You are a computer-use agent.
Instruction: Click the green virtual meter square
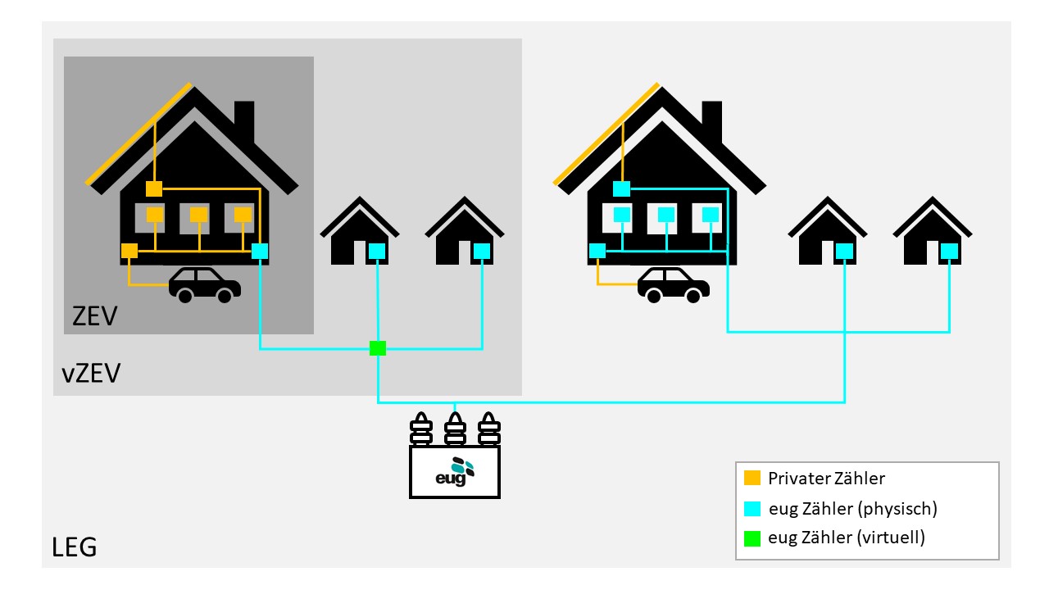point(378,348)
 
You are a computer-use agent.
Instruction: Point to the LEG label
point(74,547)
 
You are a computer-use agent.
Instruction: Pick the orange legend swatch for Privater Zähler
point(752,478)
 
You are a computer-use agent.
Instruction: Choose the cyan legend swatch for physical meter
point(752,508)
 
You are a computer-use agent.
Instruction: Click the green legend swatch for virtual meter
point(752,538)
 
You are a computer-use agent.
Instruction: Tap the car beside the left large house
point(205,284)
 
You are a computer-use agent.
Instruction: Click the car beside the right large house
point(674,284)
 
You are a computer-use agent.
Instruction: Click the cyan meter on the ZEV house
point(260,252)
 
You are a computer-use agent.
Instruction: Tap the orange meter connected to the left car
point(129,252)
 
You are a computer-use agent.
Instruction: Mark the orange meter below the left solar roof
point(154,189)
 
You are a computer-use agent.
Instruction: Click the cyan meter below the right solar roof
point(622,189)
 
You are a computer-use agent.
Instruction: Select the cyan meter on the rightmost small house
point(949,251)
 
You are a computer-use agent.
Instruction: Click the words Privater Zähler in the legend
point(826,478)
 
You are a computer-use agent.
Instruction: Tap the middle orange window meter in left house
point(198,215)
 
